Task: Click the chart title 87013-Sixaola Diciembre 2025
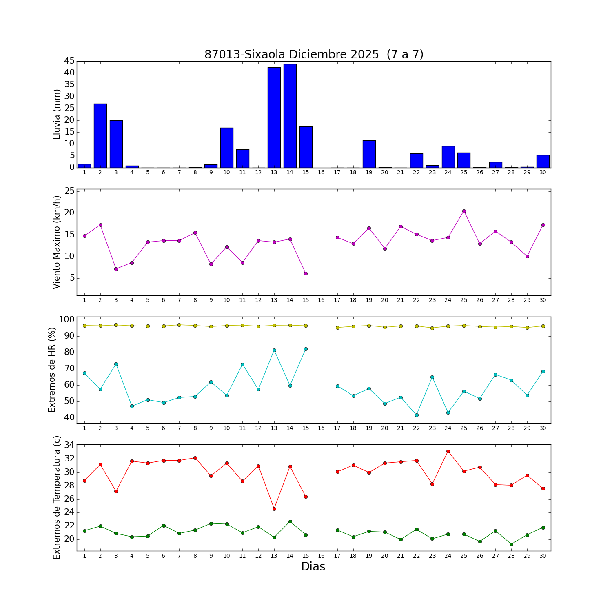[x=314, y=54]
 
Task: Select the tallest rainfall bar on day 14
[x=290, y=116]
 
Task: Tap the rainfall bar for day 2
[x=100, y=135]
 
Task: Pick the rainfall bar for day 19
[x=369, y=154]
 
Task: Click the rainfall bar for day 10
[x=227, y=148]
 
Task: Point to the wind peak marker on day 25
[x=464, y=211]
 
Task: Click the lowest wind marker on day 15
[x=306, y=273]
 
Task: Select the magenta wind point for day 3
[x=116, y=269]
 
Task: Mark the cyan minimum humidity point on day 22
[x=417, y=415]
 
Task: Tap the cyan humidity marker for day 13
[x=274, y=350]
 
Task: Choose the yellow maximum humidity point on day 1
[x=84, y=326]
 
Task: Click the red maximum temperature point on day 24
[x=448, y=451]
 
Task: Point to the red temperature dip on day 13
[x=274, y=509]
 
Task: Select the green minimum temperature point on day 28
[x=511, y=544]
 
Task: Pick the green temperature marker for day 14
[x=290, y=521]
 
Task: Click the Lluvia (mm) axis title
[x=57, y=114]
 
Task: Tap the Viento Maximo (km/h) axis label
[x=57, y=242]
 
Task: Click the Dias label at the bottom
[x=313, y=566]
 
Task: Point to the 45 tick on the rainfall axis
[x=69, y=61]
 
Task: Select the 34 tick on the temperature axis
[x=70, y=445]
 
